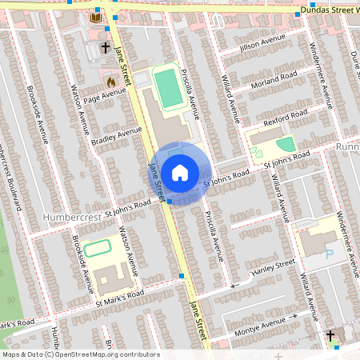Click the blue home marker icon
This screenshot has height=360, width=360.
point(180,172)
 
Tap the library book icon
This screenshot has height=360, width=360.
point(96,18)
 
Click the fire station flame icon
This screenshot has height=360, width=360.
point(111,82)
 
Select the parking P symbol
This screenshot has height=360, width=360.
point(330,255)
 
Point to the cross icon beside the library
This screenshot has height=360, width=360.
point(106,48)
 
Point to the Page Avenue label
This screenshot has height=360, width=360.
point(105,96)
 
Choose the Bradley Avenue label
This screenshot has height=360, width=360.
point(116,136)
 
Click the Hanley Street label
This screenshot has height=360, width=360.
point(274,266)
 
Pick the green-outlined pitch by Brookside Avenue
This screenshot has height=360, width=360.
point(97,248)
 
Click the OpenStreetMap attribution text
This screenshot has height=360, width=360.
point(81,354)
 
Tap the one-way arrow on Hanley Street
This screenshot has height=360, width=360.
point(235,284)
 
